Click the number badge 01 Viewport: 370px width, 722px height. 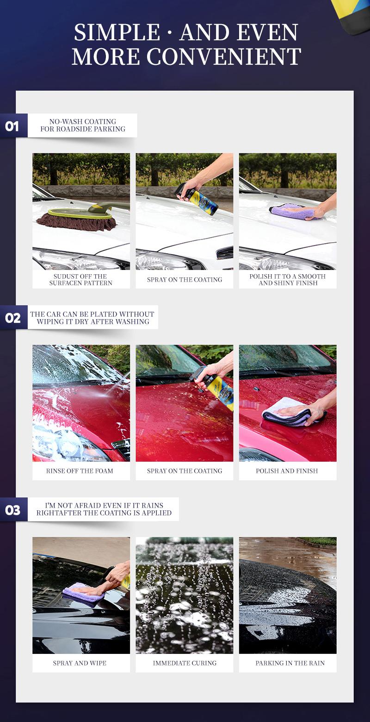coord(13,126)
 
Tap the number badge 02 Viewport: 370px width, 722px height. coord(13,318)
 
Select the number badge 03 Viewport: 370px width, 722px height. coord(13,510)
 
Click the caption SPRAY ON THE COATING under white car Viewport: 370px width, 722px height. coord(185,280)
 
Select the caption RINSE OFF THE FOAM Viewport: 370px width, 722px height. coord(80,471)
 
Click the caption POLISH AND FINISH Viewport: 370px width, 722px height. coord(287,471)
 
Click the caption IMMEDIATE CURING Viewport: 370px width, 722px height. coord(185,663)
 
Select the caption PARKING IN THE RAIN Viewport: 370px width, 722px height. coord(290,663)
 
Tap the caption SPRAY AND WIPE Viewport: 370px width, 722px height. coord(80,663)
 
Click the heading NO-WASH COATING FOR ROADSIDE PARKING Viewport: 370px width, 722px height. coord(83,126)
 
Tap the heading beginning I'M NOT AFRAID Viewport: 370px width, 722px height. coord(104,509)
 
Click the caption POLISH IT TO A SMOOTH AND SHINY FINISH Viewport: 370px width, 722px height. coord(288,280)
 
